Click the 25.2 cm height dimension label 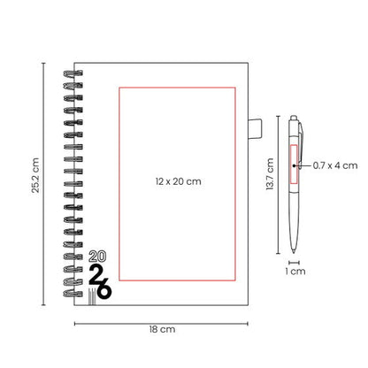[35, 175]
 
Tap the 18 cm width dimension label [162, 329]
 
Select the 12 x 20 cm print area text [179, 181]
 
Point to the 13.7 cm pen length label [270, 174]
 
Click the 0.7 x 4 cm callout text [335, 165]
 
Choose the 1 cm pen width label [295, 272]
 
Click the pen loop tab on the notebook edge [255, 129]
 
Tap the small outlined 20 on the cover [97, 257]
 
